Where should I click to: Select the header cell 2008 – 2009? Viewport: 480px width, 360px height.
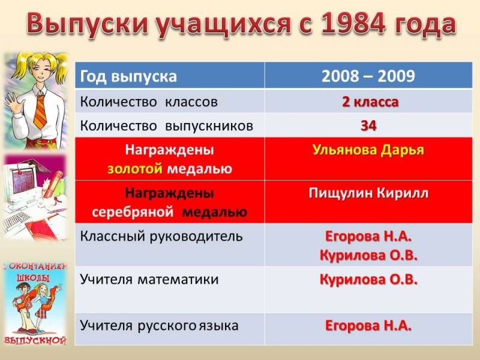[x=368, y=76]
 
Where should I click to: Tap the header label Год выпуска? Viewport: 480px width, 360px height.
[x=128, y=77]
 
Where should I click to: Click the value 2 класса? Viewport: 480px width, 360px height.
[x=370, y=102]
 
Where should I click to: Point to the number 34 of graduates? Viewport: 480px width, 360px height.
[x=368, y=126]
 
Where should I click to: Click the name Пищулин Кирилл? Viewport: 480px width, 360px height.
[x=368, y=193]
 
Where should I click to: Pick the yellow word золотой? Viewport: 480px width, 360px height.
[x=134, y=169]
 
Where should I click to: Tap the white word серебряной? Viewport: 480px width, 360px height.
[x=133, y=212]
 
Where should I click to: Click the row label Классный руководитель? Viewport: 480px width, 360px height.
[x=161, y=236]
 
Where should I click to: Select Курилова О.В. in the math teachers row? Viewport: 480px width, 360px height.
[x=368, y=280]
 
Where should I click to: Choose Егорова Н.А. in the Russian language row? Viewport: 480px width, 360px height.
[x=368, y=326]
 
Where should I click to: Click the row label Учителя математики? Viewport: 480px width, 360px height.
[x=149, y=280]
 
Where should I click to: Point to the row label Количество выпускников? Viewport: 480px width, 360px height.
[x=167, y=126]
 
